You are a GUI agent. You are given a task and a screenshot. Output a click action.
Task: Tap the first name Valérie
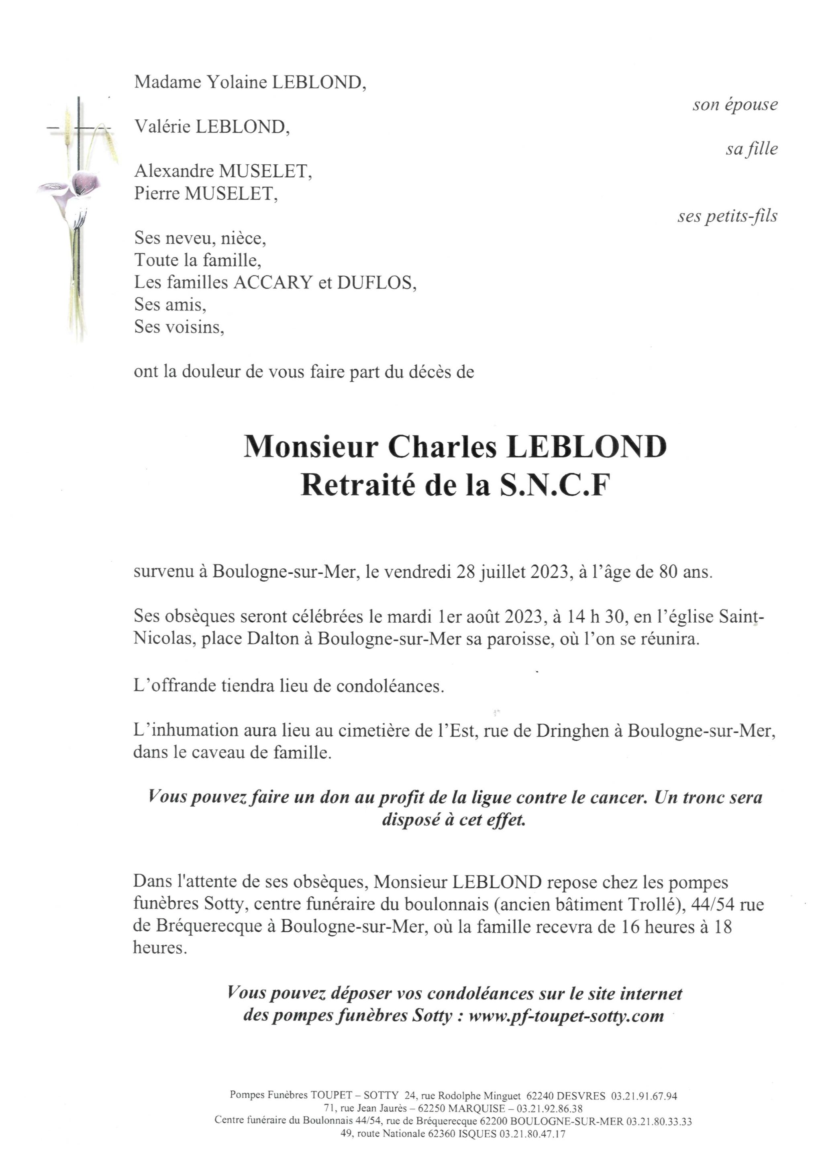162,127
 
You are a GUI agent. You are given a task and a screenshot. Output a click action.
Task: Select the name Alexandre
174,172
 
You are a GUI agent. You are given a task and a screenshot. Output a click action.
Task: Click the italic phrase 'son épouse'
735,105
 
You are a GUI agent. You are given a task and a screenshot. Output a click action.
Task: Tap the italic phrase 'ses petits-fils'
727,216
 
